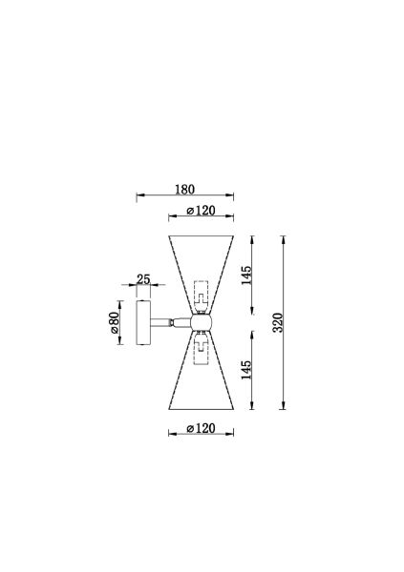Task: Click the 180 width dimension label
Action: point(184,190)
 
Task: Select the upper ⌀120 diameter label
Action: point(201,211)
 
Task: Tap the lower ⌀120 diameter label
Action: point(201,428)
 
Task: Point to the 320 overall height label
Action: point(278,322)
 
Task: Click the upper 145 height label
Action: point(246,276)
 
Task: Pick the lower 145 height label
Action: point(246,370)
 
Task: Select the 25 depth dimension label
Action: point(143,279)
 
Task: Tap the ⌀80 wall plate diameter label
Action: point(115,322)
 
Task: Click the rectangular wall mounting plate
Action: point(143,322)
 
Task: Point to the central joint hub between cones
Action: point(202,322)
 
